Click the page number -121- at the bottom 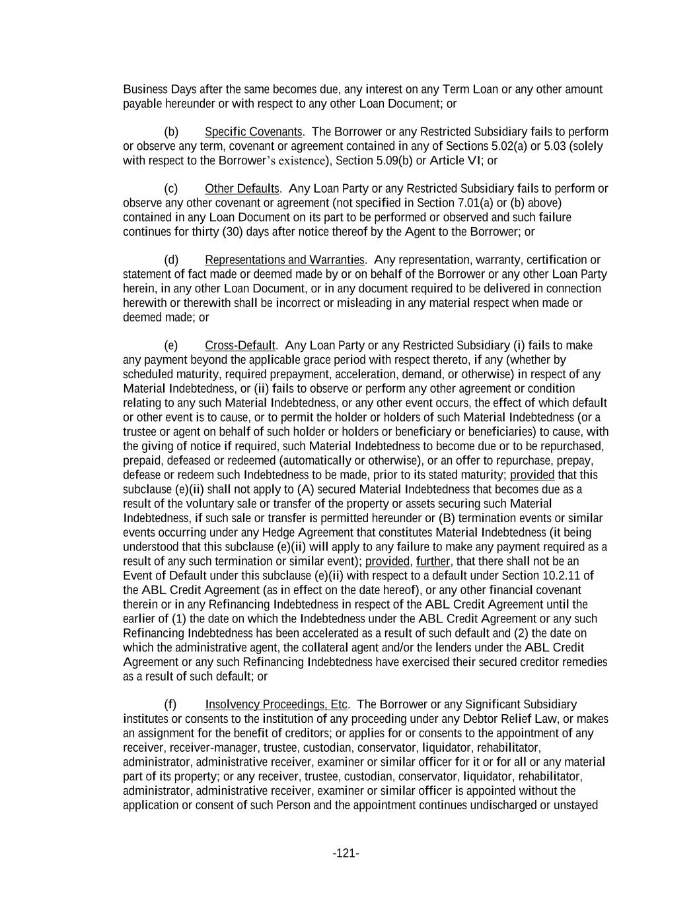346,853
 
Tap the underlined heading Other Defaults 242,189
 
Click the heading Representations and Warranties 285,260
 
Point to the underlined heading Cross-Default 240,346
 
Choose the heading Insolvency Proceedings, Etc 276,705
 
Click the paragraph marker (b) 171,132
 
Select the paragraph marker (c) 171,189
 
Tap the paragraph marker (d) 171,260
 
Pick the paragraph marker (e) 171,346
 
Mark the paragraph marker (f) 170,705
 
